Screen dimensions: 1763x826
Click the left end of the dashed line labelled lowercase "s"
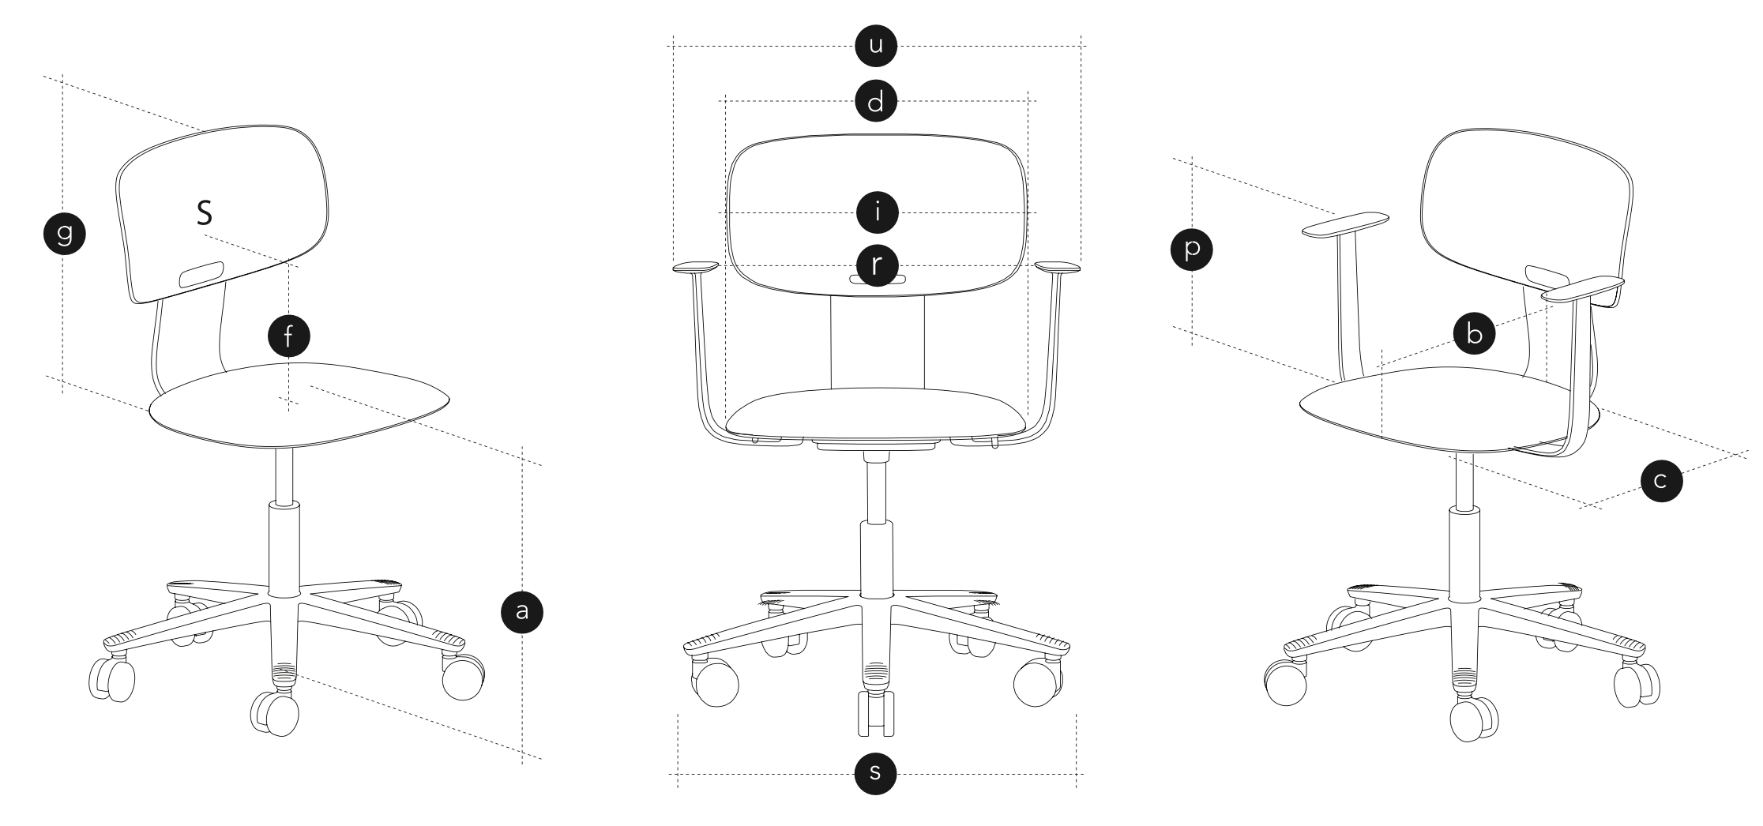[x=669, y=774]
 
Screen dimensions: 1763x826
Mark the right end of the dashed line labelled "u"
[x=1087, y=46]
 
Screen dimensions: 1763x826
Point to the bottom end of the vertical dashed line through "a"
[x=522, y=764]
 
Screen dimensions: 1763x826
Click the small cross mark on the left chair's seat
[x=289, y=404]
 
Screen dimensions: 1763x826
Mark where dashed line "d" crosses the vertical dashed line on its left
[x=726, y=101]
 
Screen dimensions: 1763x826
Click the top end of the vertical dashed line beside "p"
[x=1192, y=156]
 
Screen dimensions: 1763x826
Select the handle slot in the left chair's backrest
[x=202, y=275]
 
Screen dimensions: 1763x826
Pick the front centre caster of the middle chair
[x=876, y=709]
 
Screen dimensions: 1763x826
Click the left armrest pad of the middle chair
[x=695, y=268]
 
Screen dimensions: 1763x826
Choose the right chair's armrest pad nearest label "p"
[x=1346, y=223]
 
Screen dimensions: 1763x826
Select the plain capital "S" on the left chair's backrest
[x=205, y=212]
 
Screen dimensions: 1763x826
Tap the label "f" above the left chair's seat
[x=288, y=336]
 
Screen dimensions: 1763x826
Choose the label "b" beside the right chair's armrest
[x=1474, y=332]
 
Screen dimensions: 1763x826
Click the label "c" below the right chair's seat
[x=1661, y=481]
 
